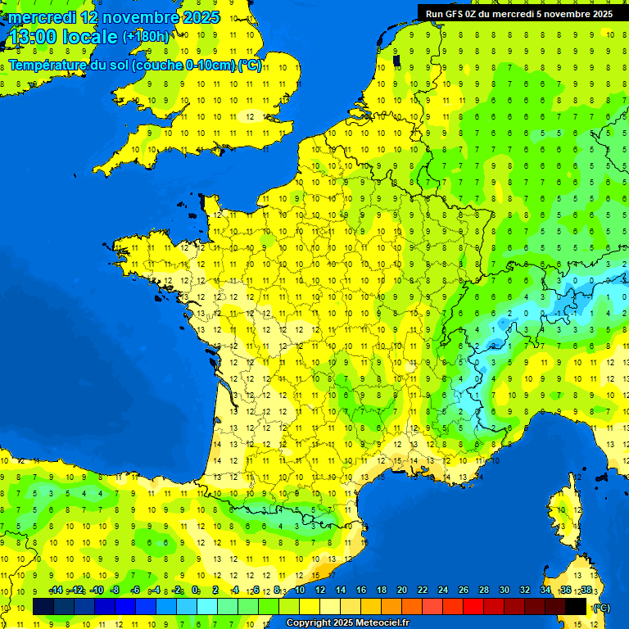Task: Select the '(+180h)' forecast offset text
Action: [x=146, y=37]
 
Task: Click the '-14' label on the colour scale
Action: [x=56, y=591]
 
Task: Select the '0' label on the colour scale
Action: [x=195, y=591]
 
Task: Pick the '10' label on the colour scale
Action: [x=300, y=591]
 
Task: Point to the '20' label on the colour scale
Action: [x=401, y=591]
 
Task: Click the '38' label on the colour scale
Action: [x=586, y=591]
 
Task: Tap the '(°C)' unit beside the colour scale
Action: [x=601, y=607]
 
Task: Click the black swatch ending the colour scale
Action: [x=576, y=606]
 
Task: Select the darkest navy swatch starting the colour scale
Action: [x=43, y=606]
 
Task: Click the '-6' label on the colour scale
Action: [x=135, y=591]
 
